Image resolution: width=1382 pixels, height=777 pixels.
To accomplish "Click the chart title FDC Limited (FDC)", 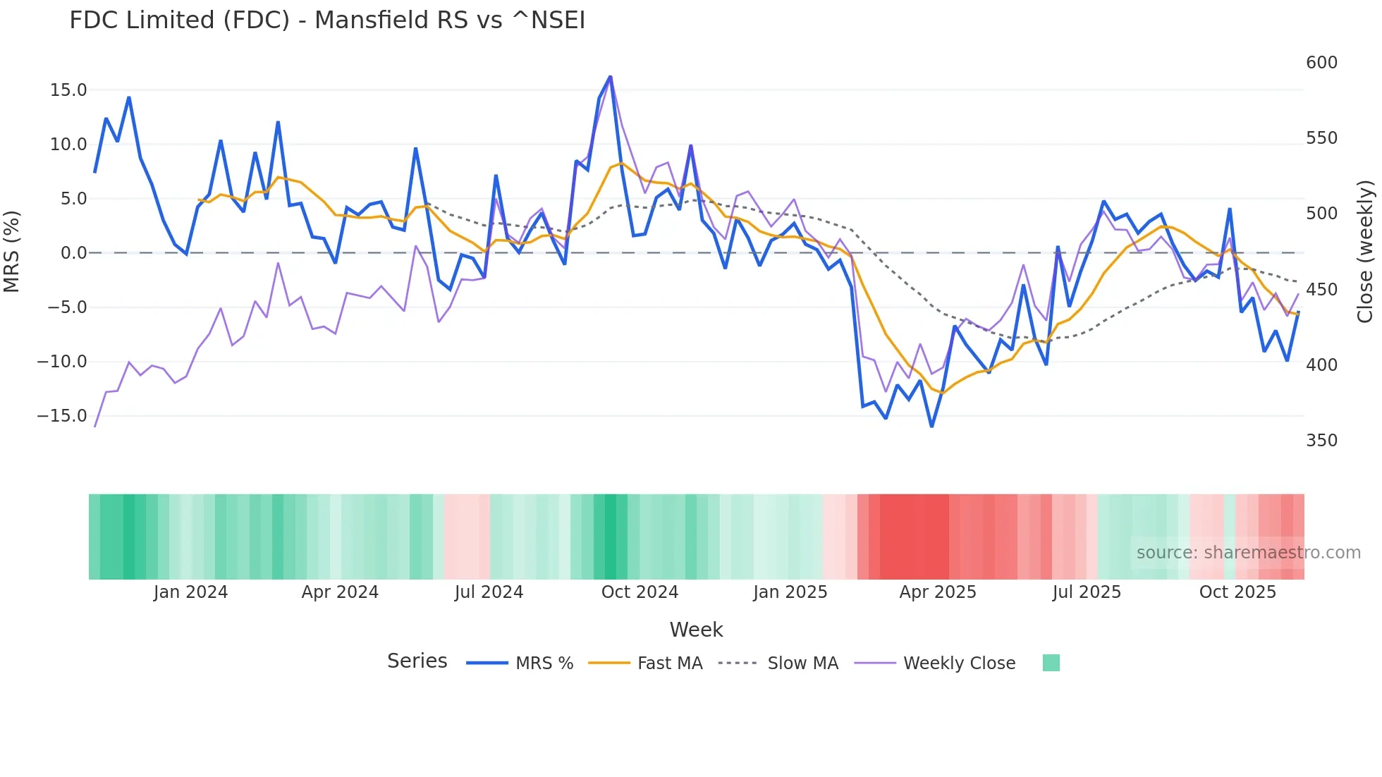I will (326, 20).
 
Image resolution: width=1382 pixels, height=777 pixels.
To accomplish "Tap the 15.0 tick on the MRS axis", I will (68, 90).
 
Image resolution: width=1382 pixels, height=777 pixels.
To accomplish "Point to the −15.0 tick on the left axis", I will (62, 416).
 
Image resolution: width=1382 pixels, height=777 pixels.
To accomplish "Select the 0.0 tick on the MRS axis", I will (73, 253).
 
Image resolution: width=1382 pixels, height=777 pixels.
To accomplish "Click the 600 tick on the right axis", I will (1321, 63).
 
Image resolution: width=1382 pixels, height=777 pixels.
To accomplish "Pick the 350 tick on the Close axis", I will (1321, 441).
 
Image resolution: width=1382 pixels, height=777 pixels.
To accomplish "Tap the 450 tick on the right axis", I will (1321, 290).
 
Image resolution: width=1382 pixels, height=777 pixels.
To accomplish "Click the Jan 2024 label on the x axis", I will (190, 592).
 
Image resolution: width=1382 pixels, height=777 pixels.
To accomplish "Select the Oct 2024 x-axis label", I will (640, 592).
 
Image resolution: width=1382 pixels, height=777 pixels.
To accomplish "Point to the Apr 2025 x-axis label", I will (938, 592).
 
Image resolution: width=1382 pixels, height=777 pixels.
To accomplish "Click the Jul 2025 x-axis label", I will (1087, 592).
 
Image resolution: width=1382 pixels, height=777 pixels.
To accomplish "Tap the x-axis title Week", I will (696, 630).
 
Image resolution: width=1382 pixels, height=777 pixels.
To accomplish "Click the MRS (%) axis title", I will (12, 252).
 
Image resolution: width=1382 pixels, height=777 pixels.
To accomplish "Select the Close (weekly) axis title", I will (1365, 252).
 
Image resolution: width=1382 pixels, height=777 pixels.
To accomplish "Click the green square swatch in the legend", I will (1051, 663).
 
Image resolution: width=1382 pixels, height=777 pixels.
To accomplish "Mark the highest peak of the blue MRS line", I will (610, 77).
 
